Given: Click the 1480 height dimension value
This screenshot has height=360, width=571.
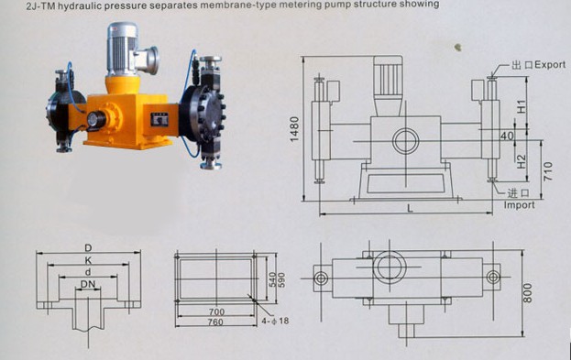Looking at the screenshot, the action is [294, 129].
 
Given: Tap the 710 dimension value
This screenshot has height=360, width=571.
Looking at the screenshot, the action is [548, 171].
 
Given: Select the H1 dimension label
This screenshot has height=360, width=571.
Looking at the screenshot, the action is [522, 106].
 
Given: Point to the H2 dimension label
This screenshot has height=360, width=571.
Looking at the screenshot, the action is [522, 161].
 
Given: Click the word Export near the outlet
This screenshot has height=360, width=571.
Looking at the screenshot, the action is [550, 65].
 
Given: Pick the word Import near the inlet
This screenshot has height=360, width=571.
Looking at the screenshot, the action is [520, 205].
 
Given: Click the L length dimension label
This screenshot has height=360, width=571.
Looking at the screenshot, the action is [410, 208].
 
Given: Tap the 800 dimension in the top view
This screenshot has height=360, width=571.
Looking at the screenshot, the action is [527, 293].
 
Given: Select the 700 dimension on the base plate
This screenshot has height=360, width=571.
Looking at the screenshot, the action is [216, 311].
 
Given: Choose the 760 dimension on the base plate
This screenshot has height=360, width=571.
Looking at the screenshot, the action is [215, 322].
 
